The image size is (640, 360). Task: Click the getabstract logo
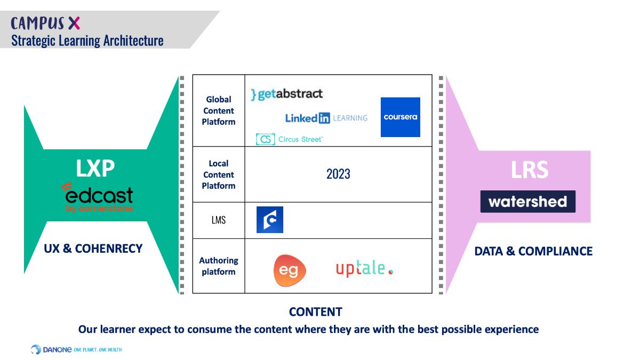[x=287, y=94]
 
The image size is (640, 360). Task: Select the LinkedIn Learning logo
[x=326, y=118]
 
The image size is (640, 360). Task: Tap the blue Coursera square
[x=400, y=117]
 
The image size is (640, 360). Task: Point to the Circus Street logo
[x=289, y=139]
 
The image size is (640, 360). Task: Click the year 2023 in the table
[x=338, y=174]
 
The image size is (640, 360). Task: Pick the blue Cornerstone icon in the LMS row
[x=270, y=220]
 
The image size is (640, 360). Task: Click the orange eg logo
[x=289, y=269]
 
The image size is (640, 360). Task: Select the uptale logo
[x=364, y=269]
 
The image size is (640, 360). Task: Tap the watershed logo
[x=527, y=202]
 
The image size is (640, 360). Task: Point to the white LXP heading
[x=95, y=168]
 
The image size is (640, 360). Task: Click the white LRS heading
[x=529, y=170]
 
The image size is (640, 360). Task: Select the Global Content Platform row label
[x=218, y=110]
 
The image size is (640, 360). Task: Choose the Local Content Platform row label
[x=218, y=174]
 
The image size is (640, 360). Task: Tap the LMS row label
[x=218, y=220]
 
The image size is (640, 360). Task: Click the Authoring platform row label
[x=218, y=266]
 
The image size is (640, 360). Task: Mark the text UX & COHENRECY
[x=93, y=248]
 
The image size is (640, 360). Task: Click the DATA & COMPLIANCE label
[x=533, y=251]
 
